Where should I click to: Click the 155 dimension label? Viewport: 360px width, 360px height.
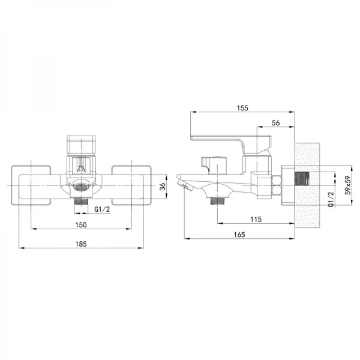click(x=242, y=108)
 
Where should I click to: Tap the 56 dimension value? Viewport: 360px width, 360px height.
click(x=276, y=123)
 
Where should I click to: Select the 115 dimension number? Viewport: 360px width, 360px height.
click(x=256, y=220)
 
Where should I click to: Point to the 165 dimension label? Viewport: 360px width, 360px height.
click(x=239, y=235)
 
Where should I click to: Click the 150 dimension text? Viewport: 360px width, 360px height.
click(x=81, y=225)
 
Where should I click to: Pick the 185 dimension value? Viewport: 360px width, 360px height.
click(x=81, y=244)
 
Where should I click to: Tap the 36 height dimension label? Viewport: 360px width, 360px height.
click(x=163, y=186)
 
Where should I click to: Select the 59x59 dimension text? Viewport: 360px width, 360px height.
click(x=348, y=185)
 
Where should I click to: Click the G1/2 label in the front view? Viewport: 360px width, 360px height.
click(x=102, y=209)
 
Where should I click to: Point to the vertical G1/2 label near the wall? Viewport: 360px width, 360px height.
click(x=331, y=199)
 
